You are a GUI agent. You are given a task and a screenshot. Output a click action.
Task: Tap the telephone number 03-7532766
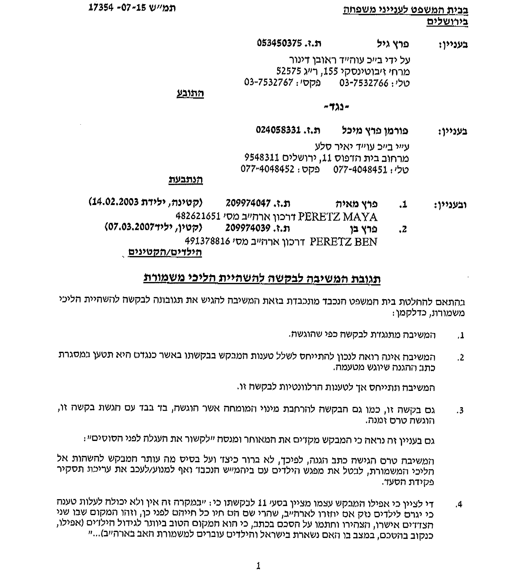[x=364, y=83]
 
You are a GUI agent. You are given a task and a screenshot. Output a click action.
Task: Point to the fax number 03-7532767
[x=269, y=82]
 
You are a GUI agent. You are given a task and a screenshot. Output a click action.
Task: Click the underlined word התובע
[x=190, y=93]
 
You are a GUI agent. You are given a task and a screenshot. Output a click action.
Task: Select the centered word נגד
[x=336, y=107]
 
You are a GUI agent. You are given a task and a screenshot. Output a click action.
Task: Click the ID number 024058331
[x=278, y=130]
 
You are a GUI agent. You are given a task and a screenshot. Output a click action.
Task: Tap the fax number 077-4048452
[x=267, y=169]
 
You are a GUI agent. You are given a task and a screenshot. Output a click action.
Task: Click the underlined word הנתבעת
[x=186, y=180]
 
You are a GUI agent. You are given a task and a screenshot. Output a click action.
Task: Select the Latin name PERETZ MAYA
[x=338, y=217]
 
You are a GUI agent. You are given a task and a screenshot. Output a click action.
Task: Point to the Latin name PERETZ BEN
[x=343, y=242]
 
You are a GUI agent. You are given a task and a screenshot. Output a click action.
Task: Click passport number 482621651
[x=198, y=216]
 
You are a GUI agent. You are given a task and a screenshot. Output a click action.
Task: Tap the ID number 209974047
[x=248, y=203]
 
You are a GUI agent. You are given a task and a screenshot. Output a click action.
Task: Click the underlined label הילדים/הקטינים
[x=165, y=252]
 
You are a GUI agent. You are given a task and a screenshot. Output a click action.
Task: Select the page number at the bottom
[x=258, y=566]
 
